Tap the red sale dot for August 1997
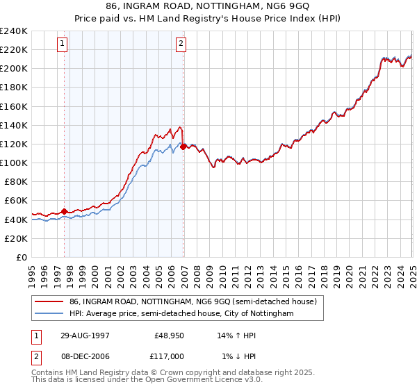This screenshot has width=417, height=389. point(65,211)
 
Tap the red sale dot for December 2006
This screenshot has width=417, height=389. point(183,147)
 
